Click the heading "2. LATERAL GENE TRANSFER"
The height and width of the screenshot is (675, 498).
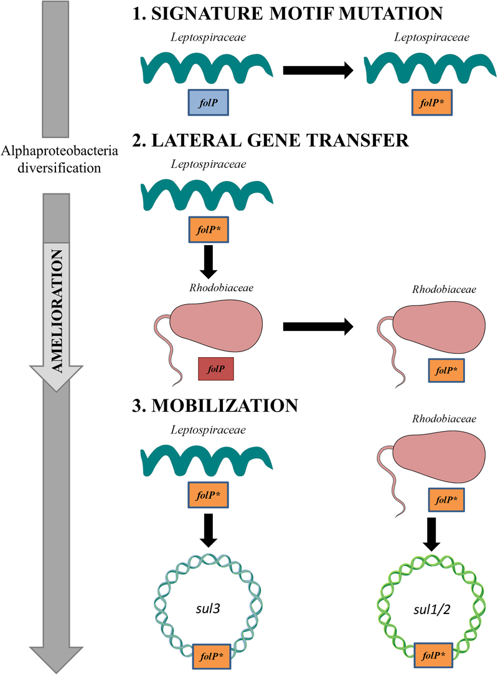click(270, 141)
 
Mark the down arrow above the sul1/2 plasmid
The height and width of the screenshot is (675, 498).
click(431, 532)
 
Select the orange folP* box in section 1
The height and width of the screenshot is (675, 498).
click(431, 103)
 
